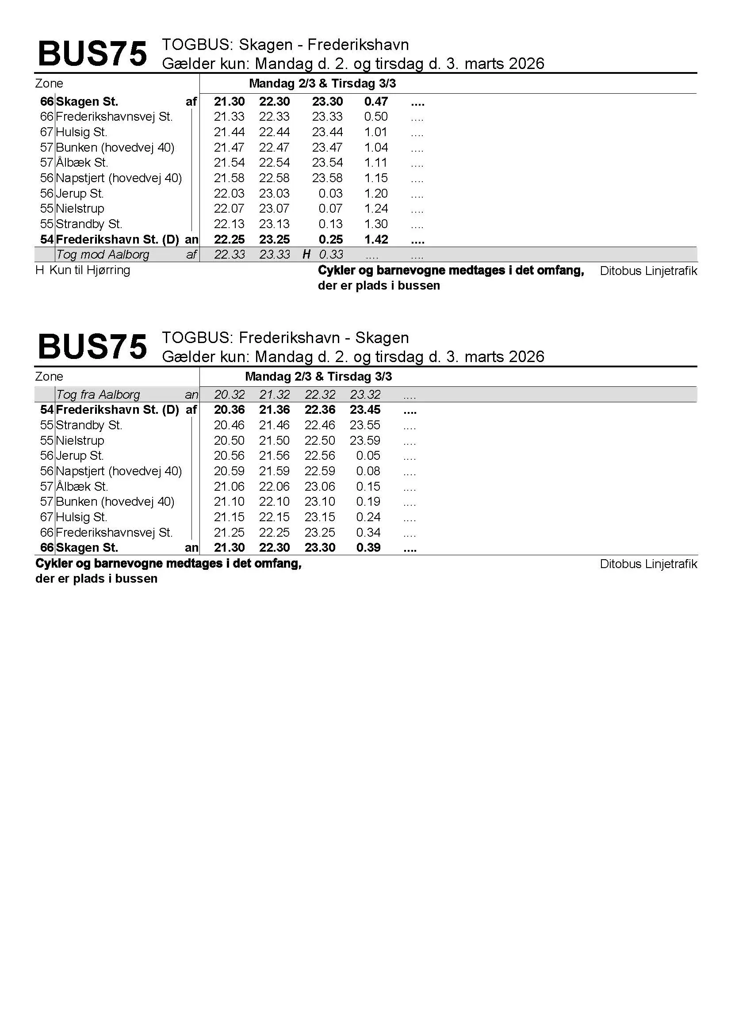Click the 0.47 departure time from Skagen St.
pos(375,102)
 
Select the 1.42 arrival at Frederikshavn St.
pos(375,240)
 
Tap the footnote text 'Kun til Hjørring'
pos(90,270)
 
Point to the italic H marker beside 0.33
pos(306,255)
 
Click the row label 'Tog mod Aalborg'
pos(102,255)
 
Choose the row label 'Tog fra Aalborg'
pos(98,395)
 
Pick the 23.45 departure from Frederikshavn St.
pos(365,410)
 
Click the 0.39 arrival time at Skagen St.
pos(368,548)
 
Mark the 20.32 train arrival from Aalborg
pos(229,395)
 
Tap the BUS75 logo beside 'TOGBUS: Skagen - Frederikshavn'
pos(92,54)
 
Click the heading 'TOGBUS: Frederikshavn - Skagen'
pos(285,338)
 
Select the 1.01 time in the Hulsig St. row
pos(375,133)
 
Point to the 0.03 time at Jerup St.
pos(330,194)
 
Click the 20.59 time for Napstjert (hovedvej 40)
pos(229,471)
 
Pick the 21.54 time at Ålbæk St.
pos(229,163)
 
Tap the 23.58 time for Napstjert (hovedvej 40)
pos(327,178)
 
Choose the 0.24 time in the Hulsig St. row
pos(368,517)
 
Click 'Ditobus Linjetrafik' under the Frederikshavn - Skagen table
pos(648,564)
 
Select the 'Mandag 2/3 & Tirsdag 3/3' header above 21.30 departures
pos(322,84)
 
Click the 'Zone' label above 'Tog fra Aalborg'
pos(49,377)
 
